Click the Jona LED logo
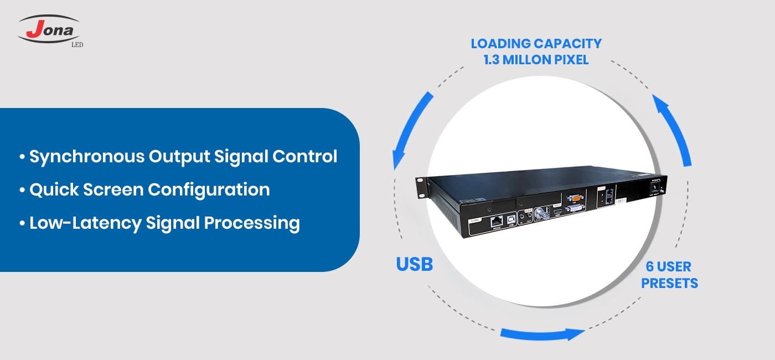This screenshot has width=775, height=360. (x=50, y=30)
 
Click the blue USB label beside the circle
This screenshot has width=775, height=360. (x=414, y=264)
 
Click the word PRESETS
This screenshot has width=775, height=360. (x=669, y=284)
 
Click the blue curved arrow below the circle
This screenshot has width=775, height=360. (x=542, y=334)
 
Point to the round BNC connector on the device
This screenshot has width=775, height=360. (x=540, y=214)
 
